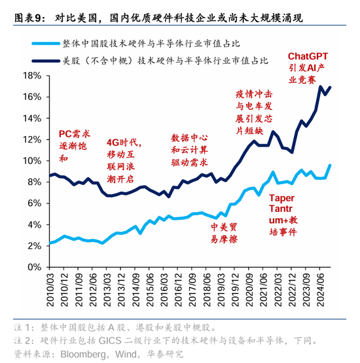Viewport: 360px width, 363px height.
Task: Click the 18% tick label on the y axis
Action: (31, 75)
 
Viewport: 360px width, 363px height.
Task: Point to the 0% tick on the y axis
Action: (33, 268)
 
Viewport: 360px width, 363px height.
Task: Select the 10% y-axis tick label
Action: (31, 161)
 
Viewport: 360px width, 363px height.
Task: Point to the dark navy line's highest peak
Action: (319, 86)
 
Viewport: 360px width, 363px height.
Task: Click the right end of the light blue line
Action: (331, 165)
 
